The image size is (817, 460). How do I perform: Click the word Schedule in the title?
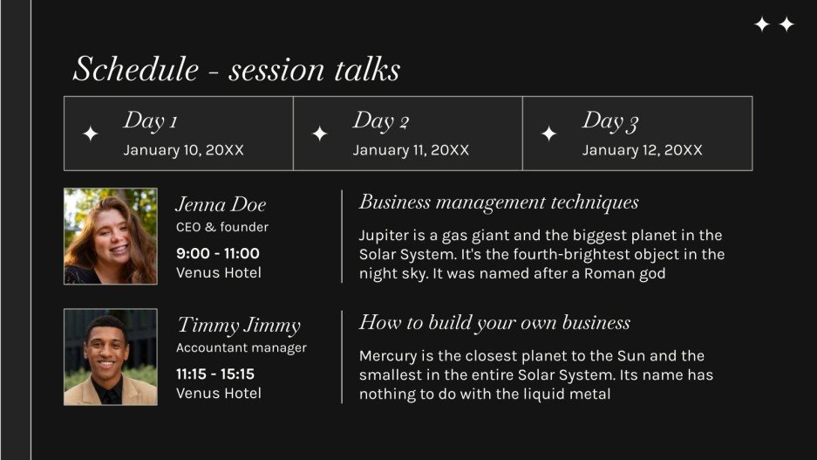click(136, 69)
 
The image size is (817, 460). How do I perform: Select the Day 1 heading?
click(150, 121)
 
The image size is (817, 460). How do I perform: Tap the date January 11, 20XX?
click(411, 150)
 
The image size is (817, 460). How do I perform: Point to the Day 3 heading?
click(609, 121)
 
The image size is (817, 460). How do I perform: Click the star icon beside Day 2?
click(319, 134)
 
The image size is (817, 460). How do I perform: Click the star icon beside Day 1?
click(90, 134)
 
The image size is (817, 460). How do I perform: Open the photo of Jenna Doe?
click(111, 237)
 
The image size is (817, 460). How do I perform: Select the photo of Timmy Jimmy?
click(111, 357)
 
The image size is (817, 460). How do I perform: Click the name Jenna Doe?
click(221, 204)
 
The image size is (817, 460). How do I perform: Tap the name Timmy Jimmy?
click(239, 326)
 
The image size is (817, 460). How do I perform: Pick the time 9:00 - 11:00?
click(218, 253)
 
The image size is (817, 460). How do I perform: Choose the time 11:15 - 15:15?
click(215, 374)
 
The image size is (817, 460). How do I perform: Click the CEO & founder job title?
click(222, 227)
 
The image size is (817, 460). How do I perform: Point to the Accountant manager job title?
click(242, 347)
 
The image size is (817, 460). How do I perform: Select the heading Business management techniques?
click(499, 203)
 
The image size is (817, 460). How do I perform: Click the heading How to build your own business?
click(494, 323)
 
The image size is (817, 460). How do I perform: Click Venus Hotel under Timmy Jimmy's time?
click(219, 394)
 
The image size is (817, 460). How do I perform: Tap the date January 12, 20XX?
click(642, 150)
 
